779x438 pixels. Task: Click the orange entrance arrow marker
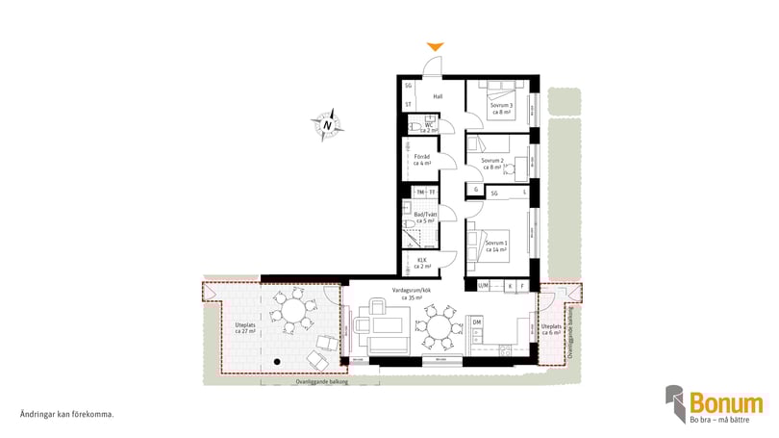coord(436,46)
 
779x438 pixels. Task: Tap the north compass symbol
coord(327,124)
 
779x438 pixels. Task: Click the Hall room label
coord(438,96)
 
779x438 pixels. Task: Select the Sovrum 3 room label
coord(500,109)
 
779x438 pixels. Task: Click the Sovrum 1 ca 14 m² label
coord(498,246)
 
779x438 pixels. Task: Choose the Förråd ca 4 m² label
coord(421,160)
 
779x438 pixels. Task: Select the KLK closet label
coord(422,263)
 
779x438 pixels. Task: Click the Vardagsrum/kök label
coord(414,294)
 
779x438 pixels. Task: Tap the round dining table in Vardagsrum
coord(440,326)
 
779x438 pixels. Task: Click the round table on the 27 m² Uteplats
coord(290,313)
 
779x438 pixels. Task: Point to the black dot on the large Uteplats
coord(276,360)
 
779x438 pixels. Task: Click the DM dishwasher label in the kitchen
coord(477,322)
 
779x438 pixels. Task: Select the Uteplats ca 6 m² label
coord(551,330)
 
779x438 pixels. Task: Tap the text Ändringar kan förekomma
coord(67,414)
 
